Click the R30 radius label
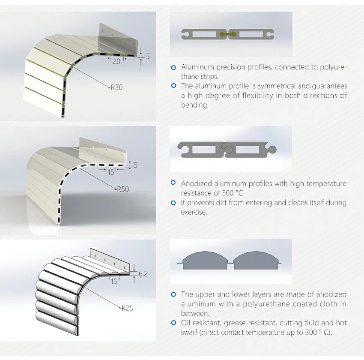[x=116, y=87]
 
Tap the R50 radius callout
[x=123, y=189]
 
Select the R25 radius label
[x=127, y=308]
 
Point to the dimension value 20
[x=116, y=61]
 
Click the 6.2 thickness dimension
[x=143, y=273]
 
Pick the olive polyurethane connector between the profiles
[x=228, y=34]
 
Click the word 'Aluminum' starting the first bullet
[x=197, y=67]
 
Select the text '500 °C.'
[x=233, y=193]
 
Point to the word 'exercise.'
[x=194, y=212]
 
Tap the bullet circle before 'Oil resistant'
[x=173, y=323]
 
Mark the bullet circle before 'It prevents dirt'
[x=173, y=203]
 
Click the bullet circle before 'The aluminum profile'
[x=173, y=86]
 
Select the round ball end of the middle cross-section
[x=272, y=149]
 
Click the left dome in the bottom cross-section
[x=205, y=261]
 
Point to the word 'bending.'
[x=195, y=105]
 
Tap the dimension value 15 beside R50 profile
[x=111, y=172]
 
